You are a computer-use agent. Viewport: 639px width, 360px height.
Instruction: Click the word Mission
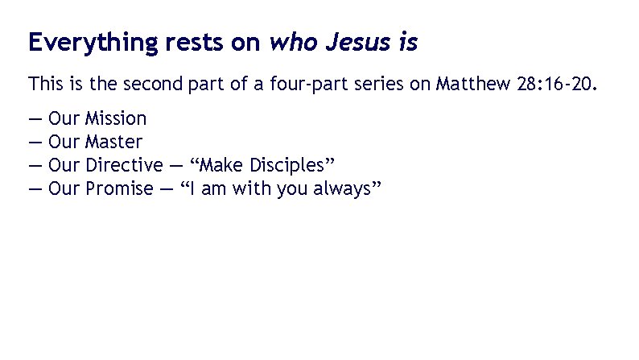coord(116,119)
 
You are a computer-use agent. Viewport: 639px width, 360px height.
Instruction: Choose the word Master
coord(114,143)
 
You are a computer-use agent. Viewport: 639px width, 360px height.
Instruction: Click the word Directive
coord(124,166)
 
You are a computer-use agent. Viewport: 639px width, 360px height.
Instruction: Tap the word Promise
coord(119,189)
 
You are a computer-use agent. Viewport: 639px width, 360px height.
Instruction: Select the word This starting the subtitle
coord(44,84)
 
